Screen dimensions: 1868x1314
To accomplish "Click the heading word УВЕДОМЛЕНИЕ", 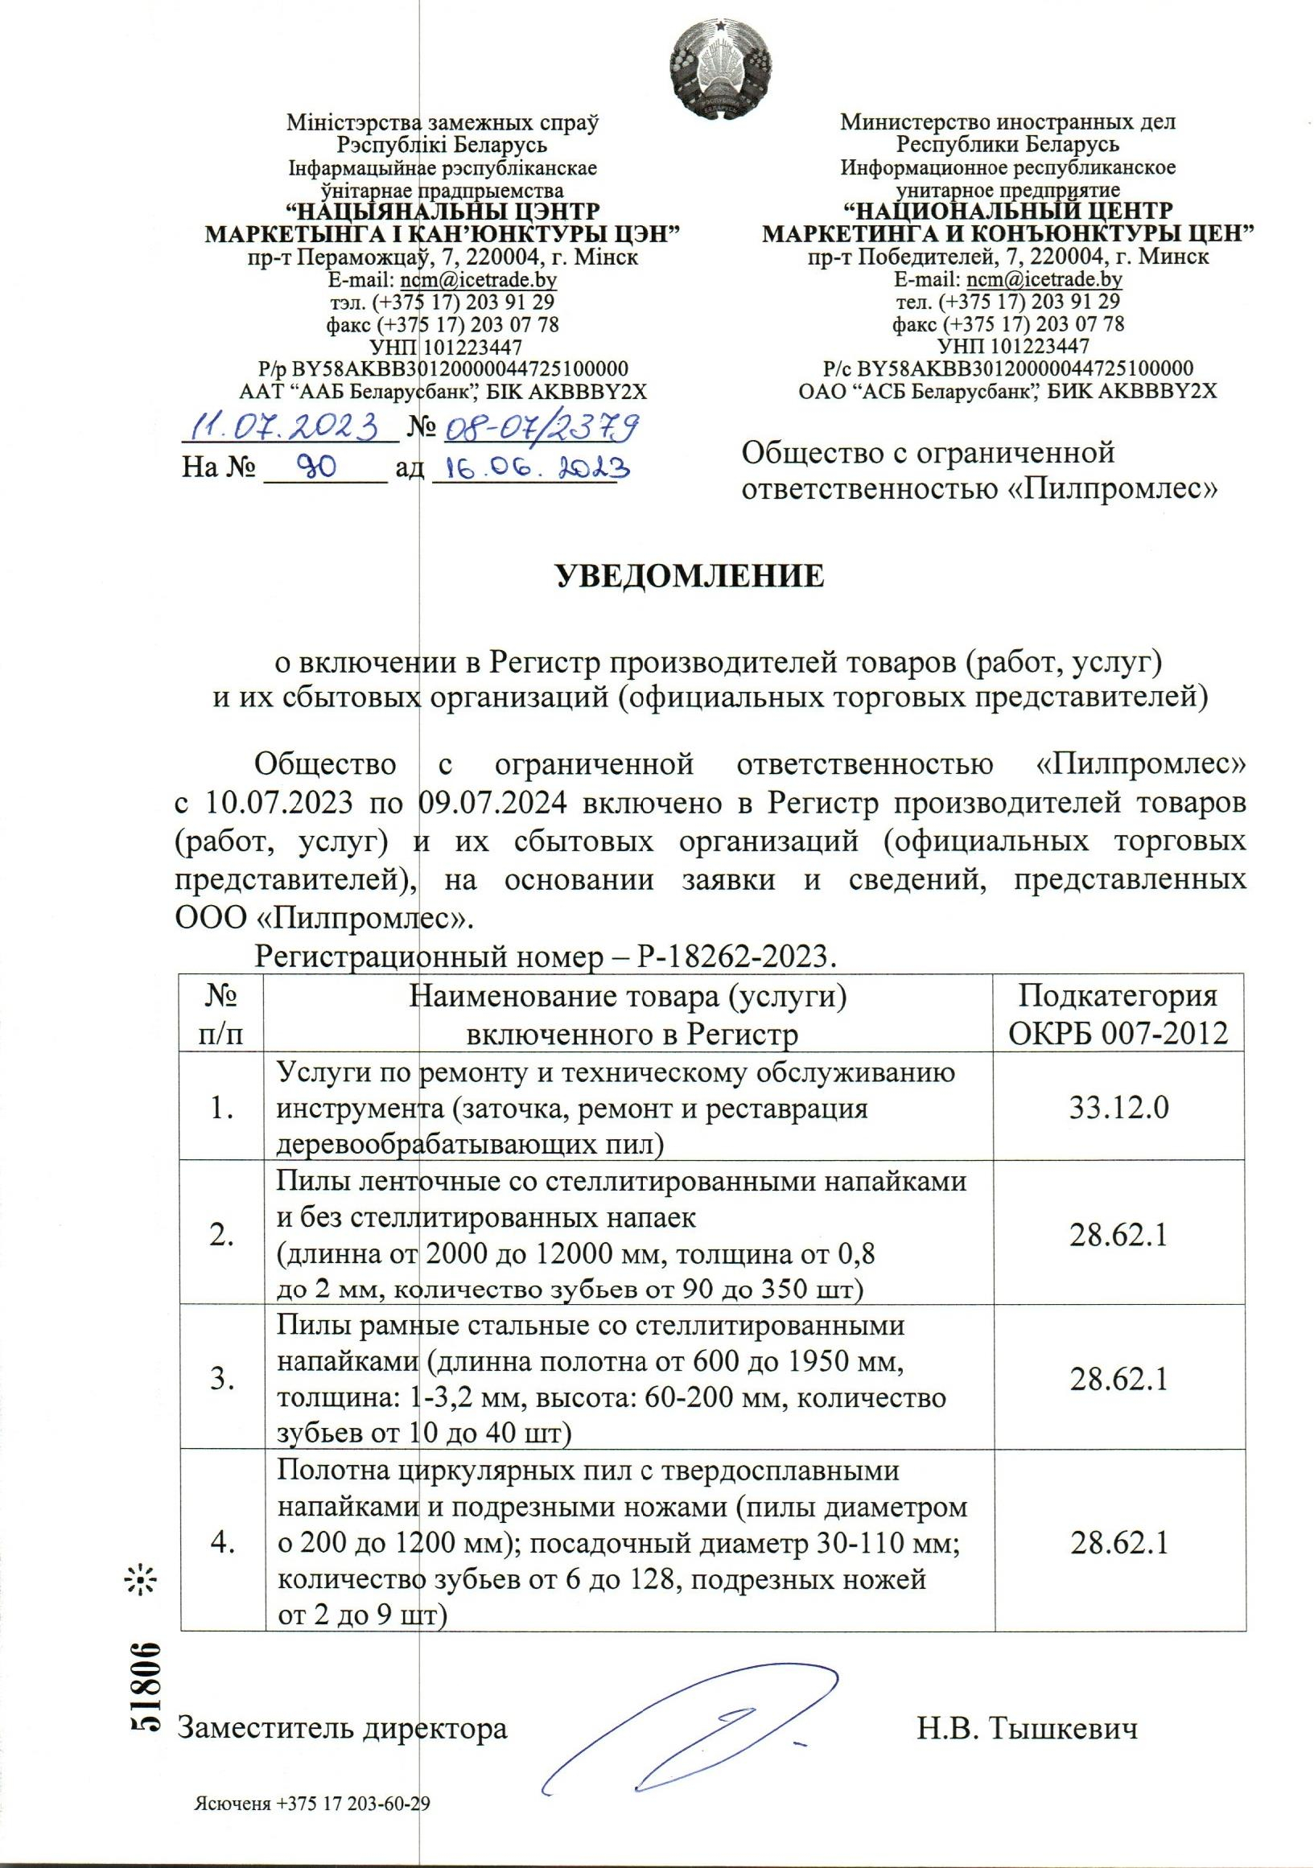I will click(x=689, y=575).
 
